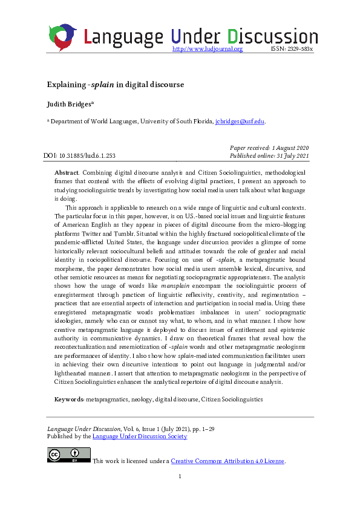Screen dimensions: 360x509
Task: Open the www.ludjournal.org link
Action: [x=208, y=49]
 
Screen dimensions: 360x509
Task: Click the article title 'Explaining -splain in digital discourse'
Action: [x=116, y=84]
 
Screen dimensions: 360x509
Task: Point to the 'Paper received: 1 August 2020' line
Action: [x=270, y=148]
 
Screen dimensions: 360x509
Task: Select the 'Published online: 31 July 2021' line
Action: [x=270, y=157]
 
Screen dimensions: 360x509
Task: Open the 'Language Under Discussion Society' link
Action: [x=139, y=436]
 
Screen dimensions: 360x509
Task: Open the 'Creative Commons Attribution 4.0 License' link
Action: [x=227, y=461]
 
